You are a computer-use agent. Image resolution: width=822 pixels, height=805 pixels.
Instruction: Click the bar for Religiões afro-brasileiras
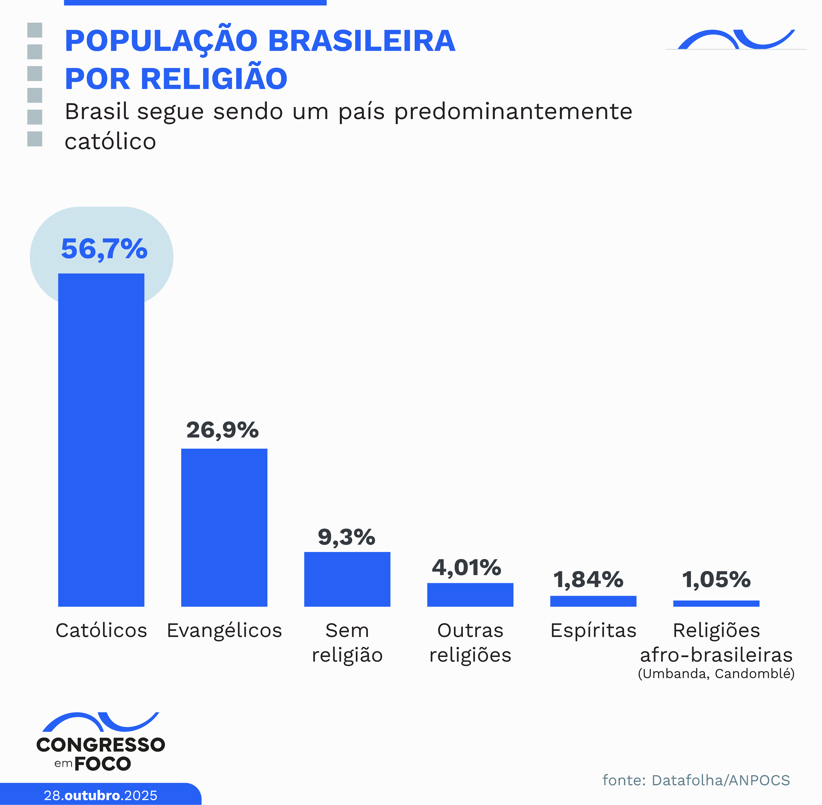click(x=716, y=603)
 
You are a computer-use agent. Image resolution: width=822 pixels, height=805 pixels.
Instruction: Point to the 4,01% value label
click(x=466, y=567)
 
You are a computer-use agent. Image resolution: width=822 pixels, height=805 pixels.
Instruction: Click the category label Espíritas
click(x=593, y=630)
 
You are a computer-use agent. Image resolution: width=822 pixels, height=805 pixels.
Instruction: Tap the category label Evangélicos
click(x=224, y=630)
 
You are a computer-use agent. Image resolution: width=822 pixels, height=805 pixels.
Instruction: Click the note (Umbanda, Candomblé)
click(x=716, y=673)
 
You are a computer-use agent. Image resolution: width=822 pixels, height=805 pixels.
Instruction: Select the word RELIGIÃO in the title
click(x=213, y=79)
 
